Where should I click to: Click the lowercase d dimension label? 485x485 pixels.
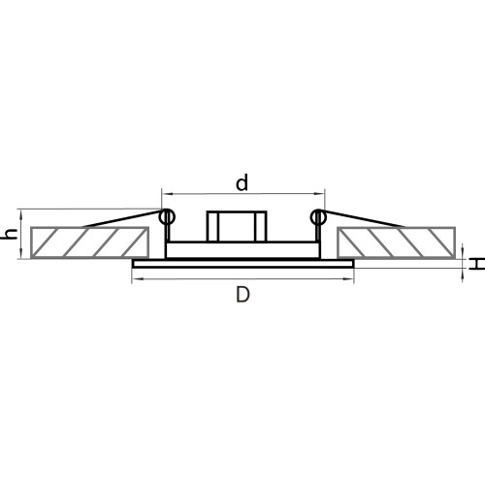pos(242,182)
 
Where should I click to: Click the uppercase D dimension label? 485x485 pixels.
pos(242,295)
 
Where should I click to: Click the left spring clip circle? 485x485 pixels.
pos(167,217)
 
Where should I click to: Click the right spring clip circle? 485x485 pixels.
pos(318,217)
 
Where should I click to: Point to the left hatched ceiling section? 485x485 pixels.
pos(89,242)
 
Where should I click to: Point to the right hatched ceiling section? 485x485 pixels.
pos(396,242)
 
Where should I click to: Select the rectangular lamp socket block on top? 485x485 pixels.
pos(237,226)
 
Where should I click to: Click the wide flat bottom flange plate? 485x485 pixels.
pos(243,264)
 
